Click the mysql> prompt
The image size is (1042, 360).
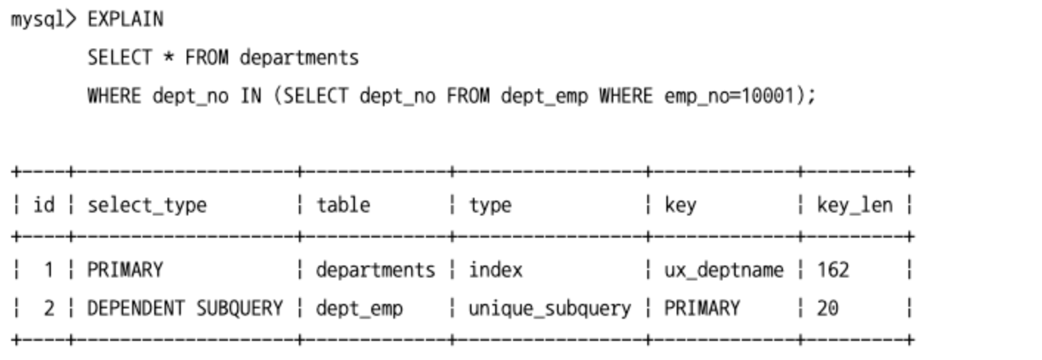(x=44, y=20)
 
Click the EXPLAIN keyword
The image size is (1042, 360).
(x=125, y=19)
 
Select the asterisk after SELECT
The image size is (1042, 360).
(x=168, y=58)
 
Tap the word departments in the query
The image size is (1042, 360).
(x=300, y=58)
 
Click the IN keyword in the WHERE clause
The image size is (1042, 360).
(x=251, y=96)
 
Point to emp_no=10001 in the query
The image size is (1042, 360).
(x=729, y=97)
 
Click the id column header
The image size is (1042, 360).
(x=44, y=204)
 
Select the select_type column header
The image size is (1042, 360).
(x=147, y=206)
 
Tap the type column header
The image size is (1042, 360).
(x=490, y=206)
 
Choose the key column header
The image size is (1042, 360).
(x=680, y=206)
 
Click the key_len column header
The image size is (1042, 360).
(x=855, y=205)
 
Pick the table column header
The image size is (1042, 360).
(x=343, y=204)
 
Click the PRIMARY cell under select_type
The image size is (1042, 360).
(x=125, y=270)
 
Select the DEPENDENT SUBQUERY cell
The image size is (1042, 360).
(x=185, y=308)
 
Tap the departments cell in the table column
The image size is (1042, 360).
(x=376, y=270)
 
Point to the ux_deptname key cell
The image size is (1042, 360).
(x=724, y=271)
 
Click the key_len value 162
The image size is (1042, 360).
(x=833, y=270)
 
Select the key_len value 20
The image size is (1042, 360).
(x=827, y=308)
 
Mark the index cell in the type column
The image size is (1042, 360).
(x=495, y=270)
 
